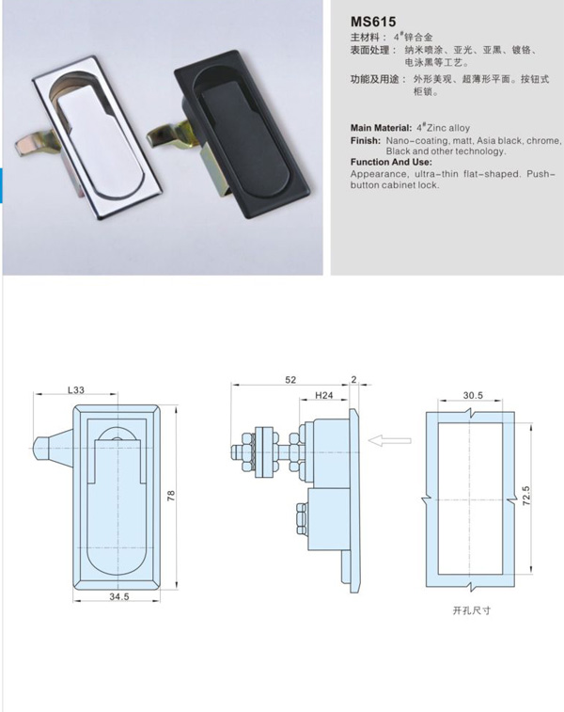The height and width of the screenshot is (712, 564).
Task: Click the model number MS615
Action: click(373, 22)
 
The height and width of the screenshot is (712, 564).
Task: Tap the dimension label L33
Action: click(76, 389)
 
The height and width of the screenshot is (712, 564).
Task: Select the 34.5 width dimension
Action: click(118, 596)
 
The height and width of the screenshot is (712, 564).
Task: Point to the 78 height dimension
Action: click(171, 496)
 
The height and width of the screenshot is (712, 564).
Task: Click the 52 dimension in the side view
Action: click(290, 380)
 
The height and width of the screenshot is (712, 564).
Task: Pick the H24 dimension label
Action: click(324, 396)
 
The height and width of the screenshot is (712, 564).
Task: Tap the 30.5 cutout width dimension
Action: click(473, 396)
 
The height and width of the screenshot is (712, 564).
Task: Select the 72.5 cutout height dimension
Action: click(525, 496)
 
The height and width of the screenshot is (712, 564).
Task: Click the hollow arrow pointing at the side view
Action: click(390, 440)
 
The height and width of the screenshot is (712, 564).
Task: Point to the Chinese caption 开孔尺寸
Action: click(472, 610)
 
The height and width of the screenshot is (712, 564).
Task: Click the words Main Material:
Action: click(381, 128)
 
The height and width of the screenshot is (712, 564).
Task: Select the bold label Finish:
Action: click(366, 141)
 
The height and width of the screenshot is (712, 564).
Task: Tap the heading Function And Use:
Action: click(391, 162)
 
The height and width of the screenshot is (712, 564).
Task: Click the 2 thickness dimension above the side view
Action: click(354, 380)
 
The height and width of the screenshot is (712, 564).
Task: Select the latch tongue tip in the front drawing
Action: click(38, 449)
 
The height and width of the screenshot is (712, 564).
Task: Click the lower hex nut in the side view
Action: click(302, 517)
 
